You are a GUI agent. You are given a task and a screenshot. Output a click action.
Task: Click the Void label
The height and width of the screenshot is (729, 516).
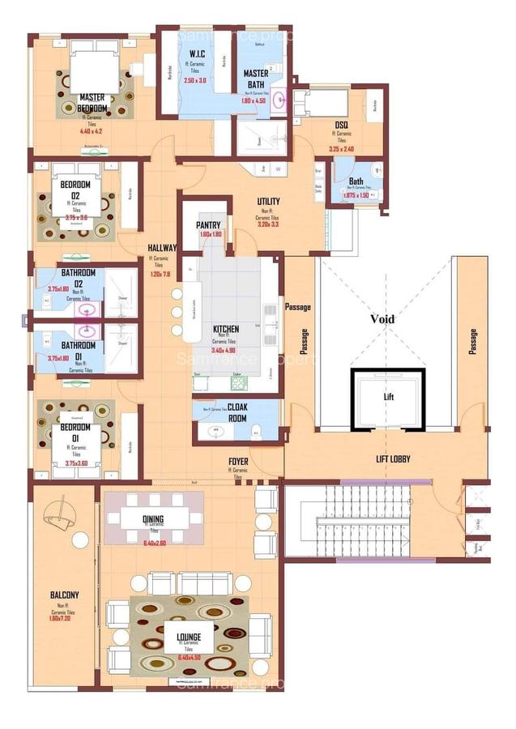pyautogui.click(x=382, y=319)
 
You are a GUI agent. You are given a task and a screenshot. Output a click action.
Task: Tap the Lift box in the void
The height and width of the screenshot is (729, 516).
pyautogui.click(x=388, y=399)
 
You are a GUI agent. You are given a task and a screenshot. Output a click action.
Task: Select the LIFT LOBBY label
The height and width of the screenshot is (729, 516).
pyautogui.click(x=393, y=459)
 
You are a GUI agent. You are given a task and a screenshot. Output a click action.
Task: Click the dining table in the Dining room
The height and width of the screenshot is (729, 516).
pyautogui.click(x=153, y=518)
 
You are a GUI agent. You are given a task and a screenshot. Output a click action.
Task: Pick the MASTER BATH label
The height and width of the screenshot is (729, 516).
pyautogui.click(x=256, y=79)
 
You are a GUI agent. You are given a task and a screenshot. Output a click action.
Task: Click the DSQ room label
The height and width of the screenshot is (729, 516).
pyautogui.click(x=341, y=125)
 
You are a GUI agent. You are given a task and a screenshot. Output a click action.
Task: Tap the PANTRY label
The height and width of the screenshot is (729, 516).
pyautogui.click(x=209, y=225)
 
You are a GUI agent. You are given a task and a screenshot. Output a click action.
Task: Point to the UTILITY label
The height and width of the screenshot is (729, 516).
pyautogui.click(x=268, y=202)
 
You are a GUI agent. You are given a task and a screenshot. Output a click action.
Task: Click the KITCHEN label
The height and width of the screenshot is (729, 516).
pyautogui.click(x=225, y=330)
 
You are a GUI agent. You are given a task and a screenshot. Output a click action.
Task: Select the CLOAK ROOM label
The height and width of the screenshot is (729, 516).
pyautogui.click(x=237, y=414)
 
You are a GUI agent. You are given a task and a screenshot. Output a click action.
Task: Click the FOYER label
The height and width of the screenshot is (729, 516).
pyautogui.click(x=237, y=462)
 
